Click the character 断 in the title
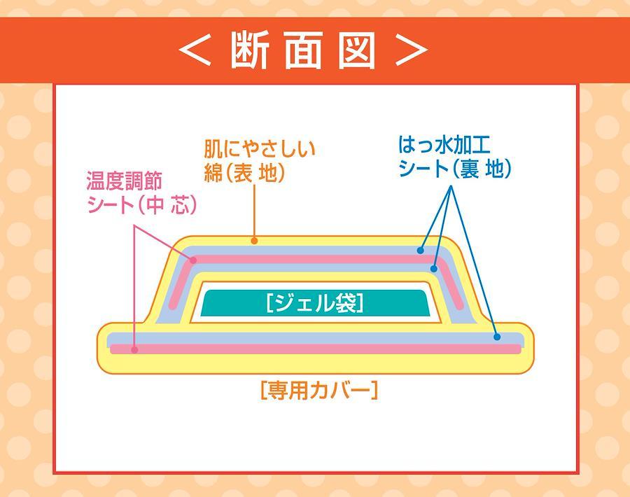249,50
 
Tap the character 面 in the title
304,50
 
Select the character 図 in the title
356,50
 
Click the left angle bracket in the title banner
195,50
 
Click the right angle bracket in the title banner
412,50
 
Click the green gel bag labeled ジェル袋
315,303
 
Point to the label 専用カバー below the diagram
319,391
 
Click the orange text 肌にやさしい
260,149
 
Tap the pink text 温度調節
125,181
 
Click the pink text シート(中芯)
142,205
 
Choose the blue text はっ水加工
444,145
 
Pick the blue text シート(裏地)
455,169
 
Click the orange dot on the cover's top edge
254,241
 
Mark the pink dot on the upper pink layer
193,260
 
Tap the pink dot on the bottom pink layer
135,350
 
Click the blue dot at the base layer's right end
497,337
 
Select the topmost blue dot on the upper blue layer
420,251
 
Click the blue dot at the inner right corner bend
433,268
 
